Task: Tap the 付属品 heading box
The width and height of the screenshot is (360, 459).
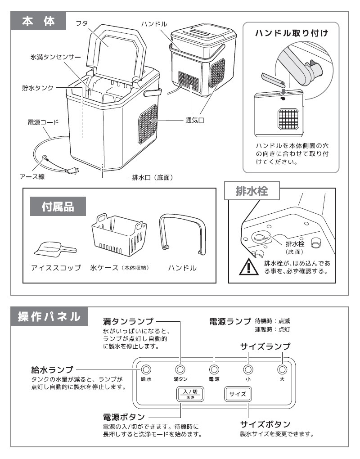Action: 58,207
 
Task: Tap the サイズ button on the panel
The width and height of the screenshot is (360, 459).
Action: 238,394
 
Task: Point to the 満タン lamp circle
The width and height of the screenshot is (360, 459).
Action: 180,369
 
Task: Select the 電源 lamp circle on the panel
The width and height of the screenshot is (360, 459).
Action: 214,369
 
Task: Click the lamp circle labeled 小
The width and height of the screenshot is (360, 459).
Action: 248,369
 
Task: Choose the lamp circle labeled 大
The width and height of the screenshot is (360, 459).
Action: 282,369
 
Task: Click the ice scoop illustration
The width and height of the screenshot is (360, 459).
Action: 55,247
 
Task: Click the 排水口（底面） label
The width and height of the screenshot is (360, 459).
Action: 153,177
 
